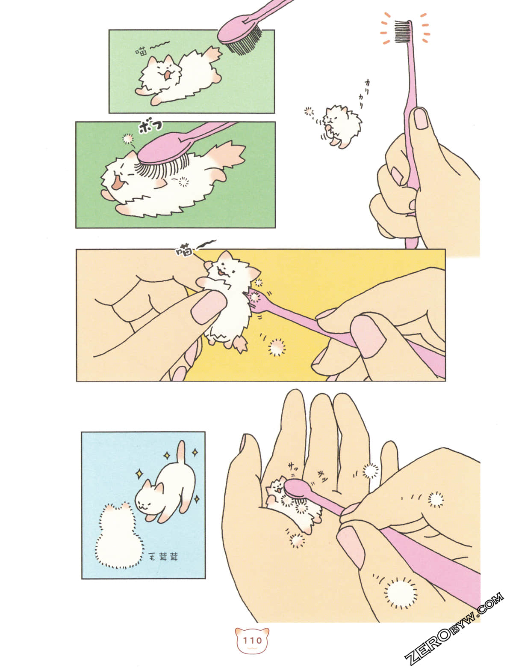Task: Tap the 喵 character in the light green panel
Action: tap(142, 52)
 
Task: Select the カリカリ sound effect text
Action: tap(359, 95)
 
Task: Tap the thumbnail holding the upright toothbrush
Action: tap(421, 119)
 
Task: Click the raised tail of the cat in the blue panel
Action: tap(182, 452)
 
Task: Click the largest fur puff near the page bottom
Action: tap(400, 593)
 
